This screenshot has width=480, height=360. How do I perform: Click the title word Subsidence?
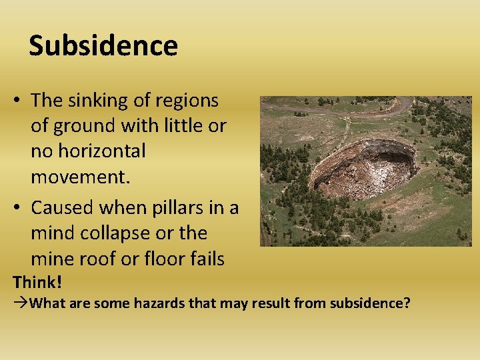pos(103,46)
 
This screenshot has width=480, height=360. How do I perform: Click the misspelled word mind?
pos(53,233)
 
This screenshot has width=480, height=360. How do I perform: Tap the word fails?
pos(206,259)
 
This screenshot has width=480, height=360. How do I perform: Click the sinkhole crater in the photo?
pos(363,170)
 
